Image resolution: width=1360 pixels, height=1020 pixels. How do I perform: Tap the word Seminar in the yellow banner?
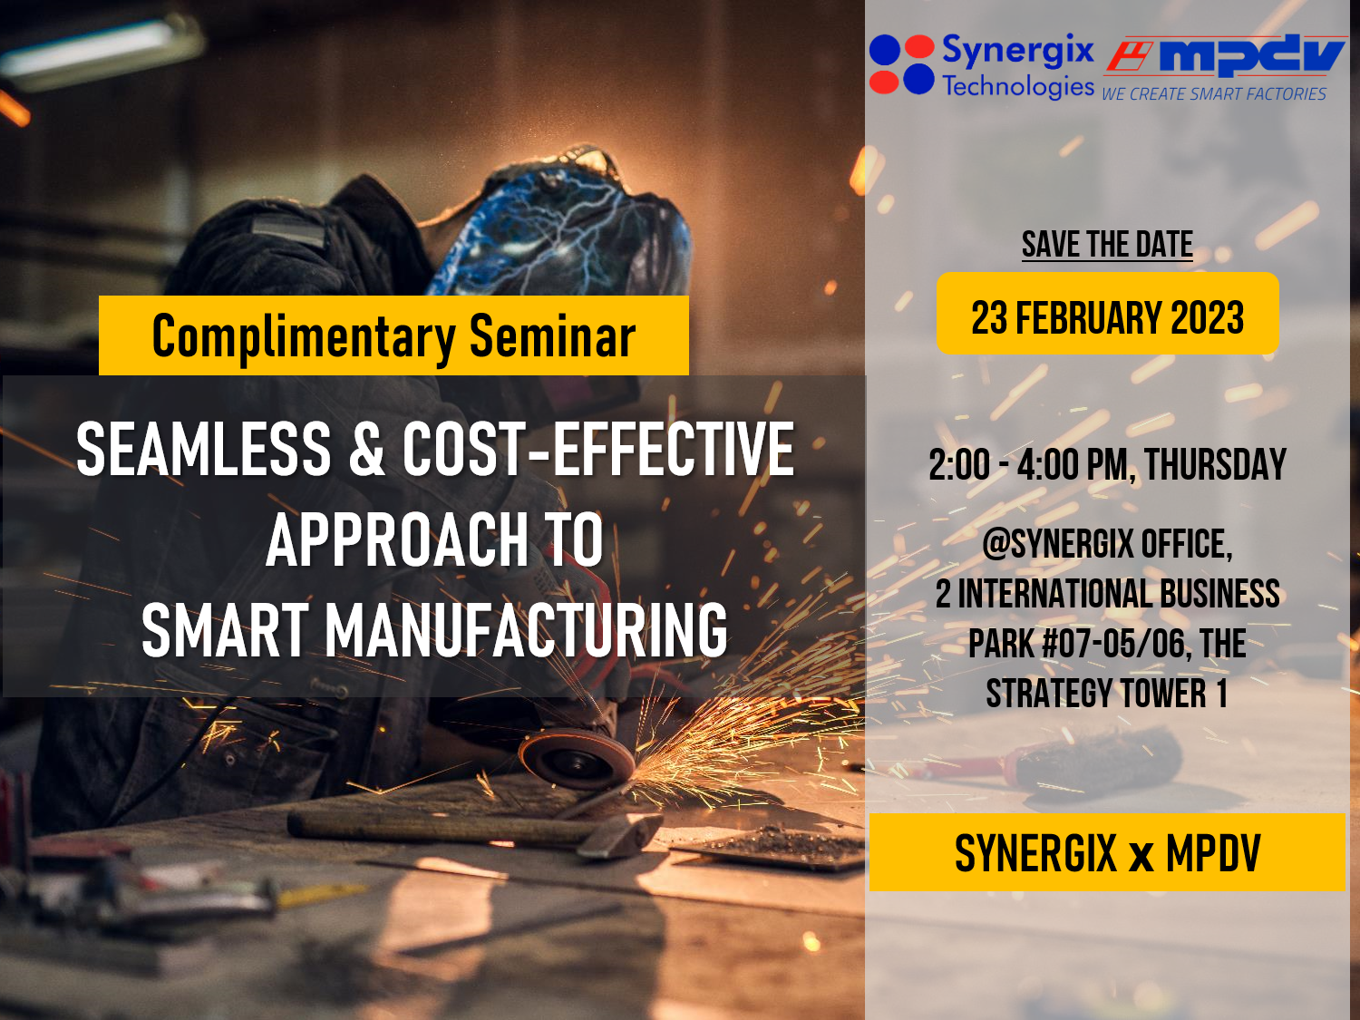point(552,337)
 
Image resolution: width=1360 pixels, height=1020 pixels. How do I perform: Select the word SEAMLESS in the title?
point(204,449)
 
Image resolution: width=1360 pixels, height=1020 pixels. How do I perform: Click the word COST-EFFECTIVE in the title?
point(598,449)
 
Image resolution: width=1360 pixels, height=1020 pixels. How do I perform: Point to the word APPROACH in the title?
point(397,540)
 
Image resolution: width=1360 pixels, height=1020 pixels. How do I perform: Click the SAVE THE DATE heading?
point(1107,245)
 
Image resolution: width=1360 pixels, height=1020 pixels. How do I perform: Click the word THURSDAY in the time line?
point(1215,465)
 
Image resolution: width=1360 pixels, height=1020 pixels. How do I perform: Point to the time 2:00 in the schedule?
point(959,465)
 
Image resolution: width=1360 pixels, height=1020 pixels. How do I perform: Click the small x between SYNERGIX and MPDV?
point(1141,856)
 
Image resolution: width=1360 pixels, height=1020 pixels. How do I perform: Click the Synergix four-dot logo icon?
point(901,64)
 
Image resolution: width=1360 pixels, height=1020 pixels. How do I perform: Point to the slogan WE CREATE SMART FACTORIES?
point(1213,94)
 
